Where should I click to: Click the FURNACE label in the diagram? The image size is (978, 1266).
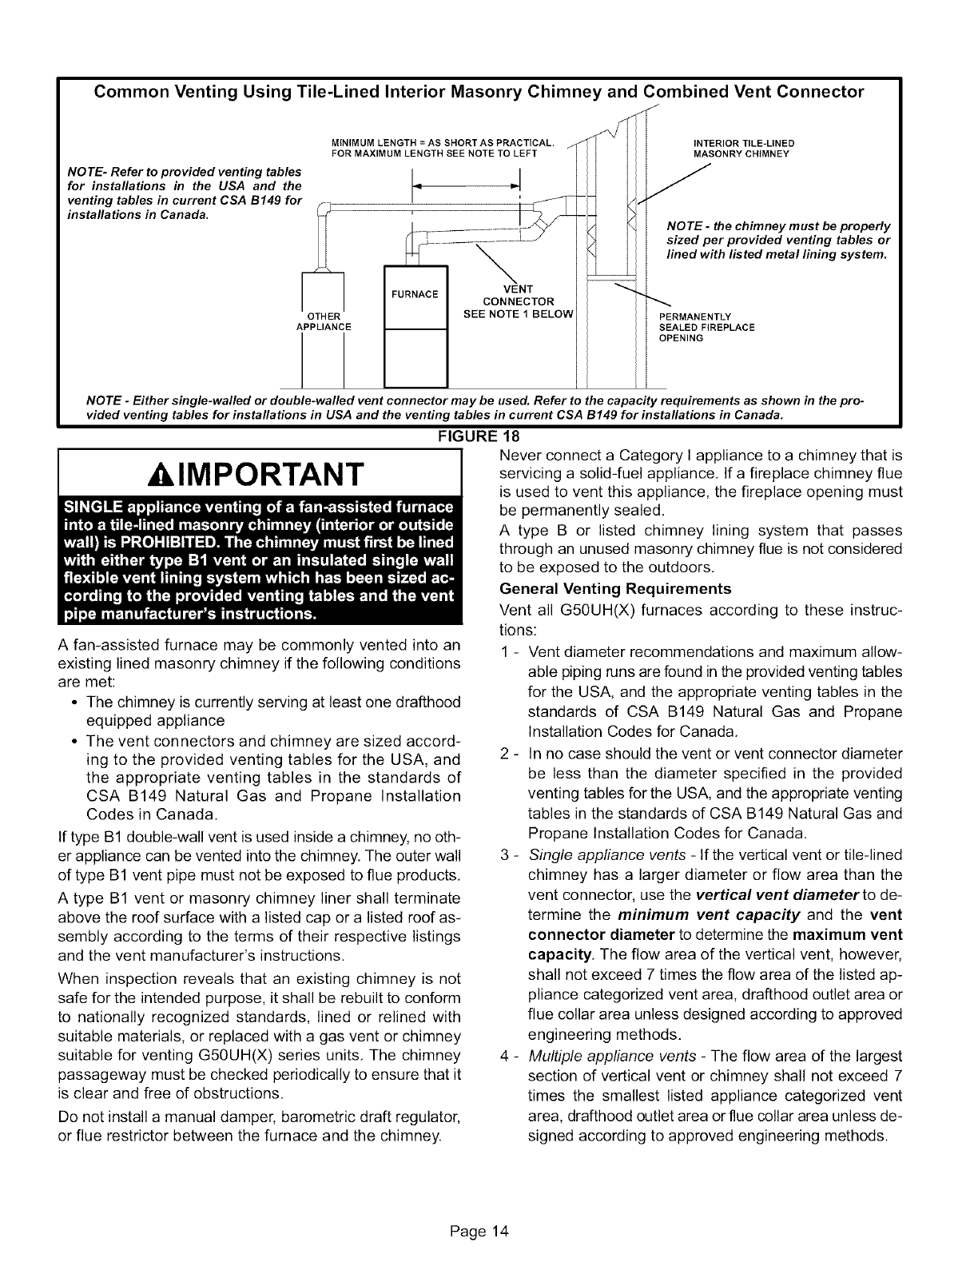pos(415,294)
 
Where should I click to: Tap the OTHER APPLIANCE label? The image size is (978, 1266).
pos(324,320)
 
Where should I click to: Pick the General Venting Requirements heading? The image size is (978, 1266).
pos(614,589)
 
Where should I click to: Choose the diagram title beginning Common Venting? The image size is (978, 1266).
pos(479,92)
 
